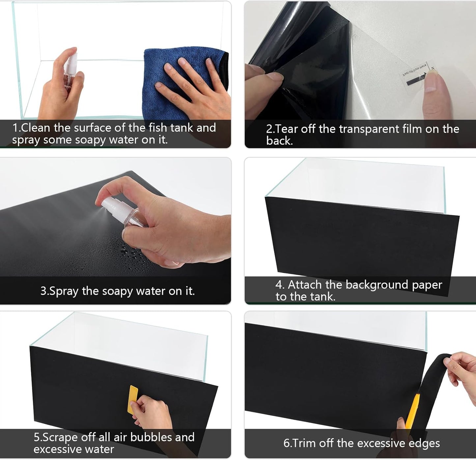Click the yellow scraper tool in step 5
(x=132, y=399)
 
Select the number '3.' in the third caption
(x=44, y=291)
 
